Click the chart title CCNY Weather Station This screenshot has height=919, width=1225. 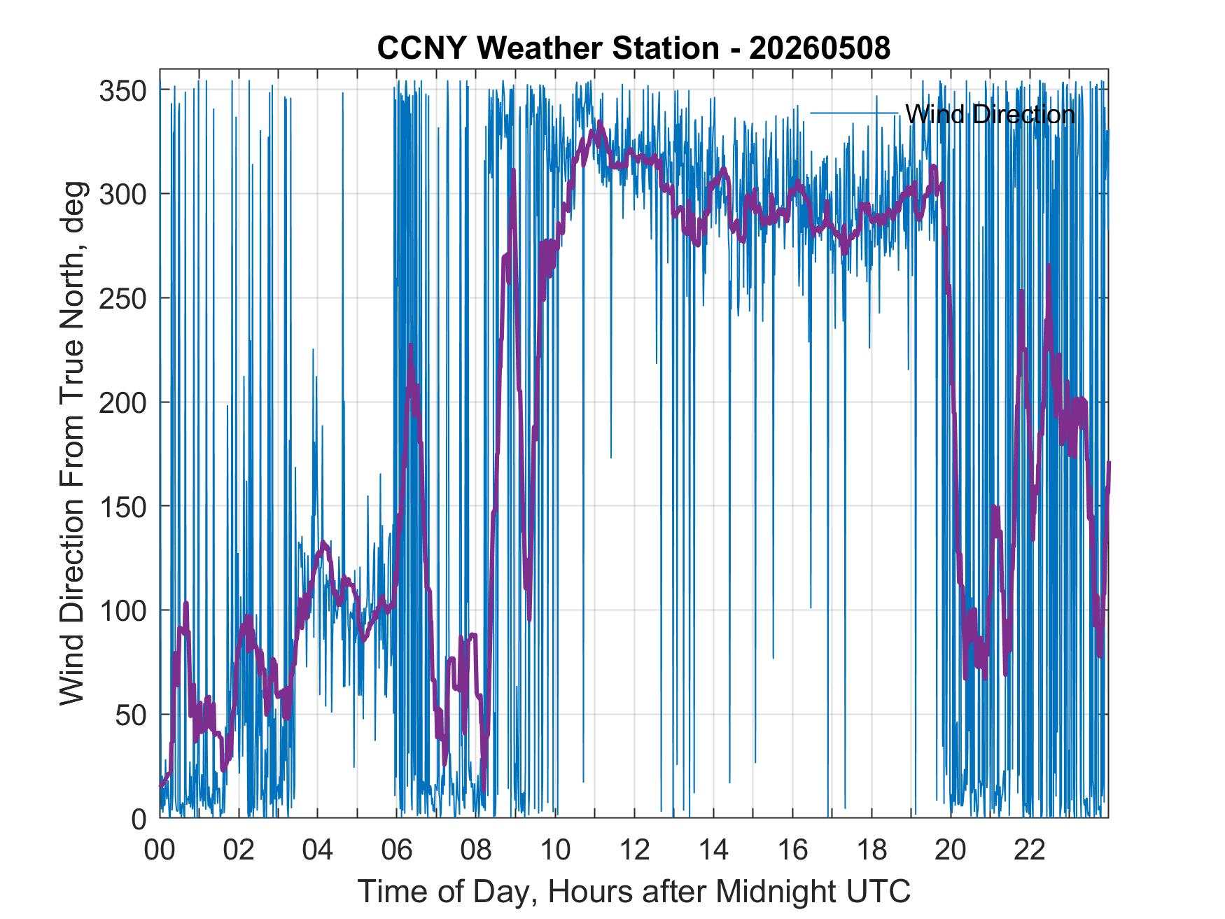tap(548, 48)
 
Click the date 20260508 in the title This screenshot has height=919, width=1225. tap(820, 48)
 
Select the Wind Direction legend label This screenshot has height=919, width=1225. tap(990, 114)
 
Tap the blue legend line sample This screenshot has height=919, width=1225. tap(854, 113)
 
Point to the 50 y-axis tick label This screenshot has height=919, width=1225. tap(129, 715)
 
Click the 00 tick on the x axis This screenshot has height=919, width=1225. tap(160, 850)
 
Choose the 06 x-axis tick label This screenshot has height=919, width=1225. tap(397, 850)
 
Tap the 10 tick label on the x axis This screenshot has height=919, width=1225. tap(555, 850)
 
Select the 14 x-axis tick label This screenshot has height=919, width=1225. tap(713, 850)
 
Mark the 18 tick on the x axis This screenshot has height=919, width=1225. tap(871, 850)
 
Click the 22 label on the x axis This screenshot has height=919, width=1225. tap(1030, 850)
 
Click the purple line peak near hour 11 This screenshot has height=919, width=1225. tap(600, 121)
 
